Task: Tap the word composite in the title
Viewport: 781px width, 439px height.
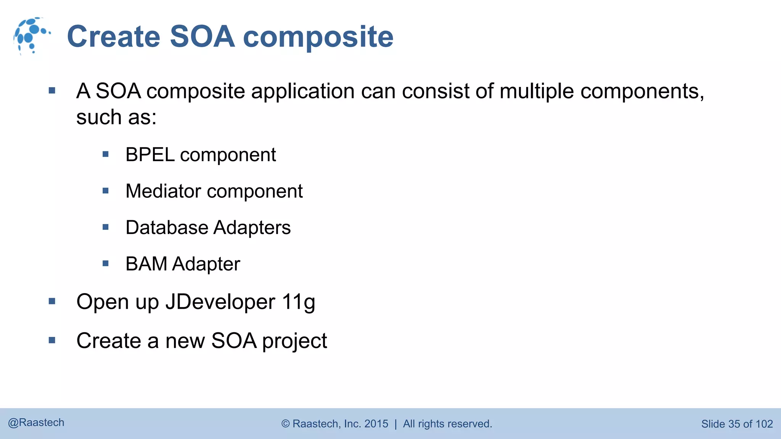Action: [x=318, y=37]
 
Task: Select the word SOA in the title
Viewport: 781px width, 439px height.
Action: [x=202, y=37]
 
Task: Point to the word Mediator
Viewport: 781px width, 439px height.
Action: [x=163, y=191]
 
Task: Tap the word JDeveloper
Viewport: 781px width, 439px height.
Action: [x=220, y=302]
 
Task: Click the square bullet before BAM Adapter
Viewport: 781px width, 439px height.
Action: [x=106, y=263]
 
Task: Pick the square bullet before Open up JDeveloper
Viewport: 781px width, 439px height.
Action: [x=52, y=301]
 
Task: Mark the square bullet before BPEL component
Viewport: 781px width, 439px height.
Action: [x=106, y=154]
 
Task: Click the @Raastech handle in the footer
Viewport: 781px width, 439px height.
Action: [x=36, y=423]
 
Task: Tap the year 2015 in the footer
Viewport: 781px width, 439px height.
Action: [x=376, y=424]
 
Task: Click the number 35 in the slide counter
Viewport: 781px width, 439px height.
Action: [x=734, y=424]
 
